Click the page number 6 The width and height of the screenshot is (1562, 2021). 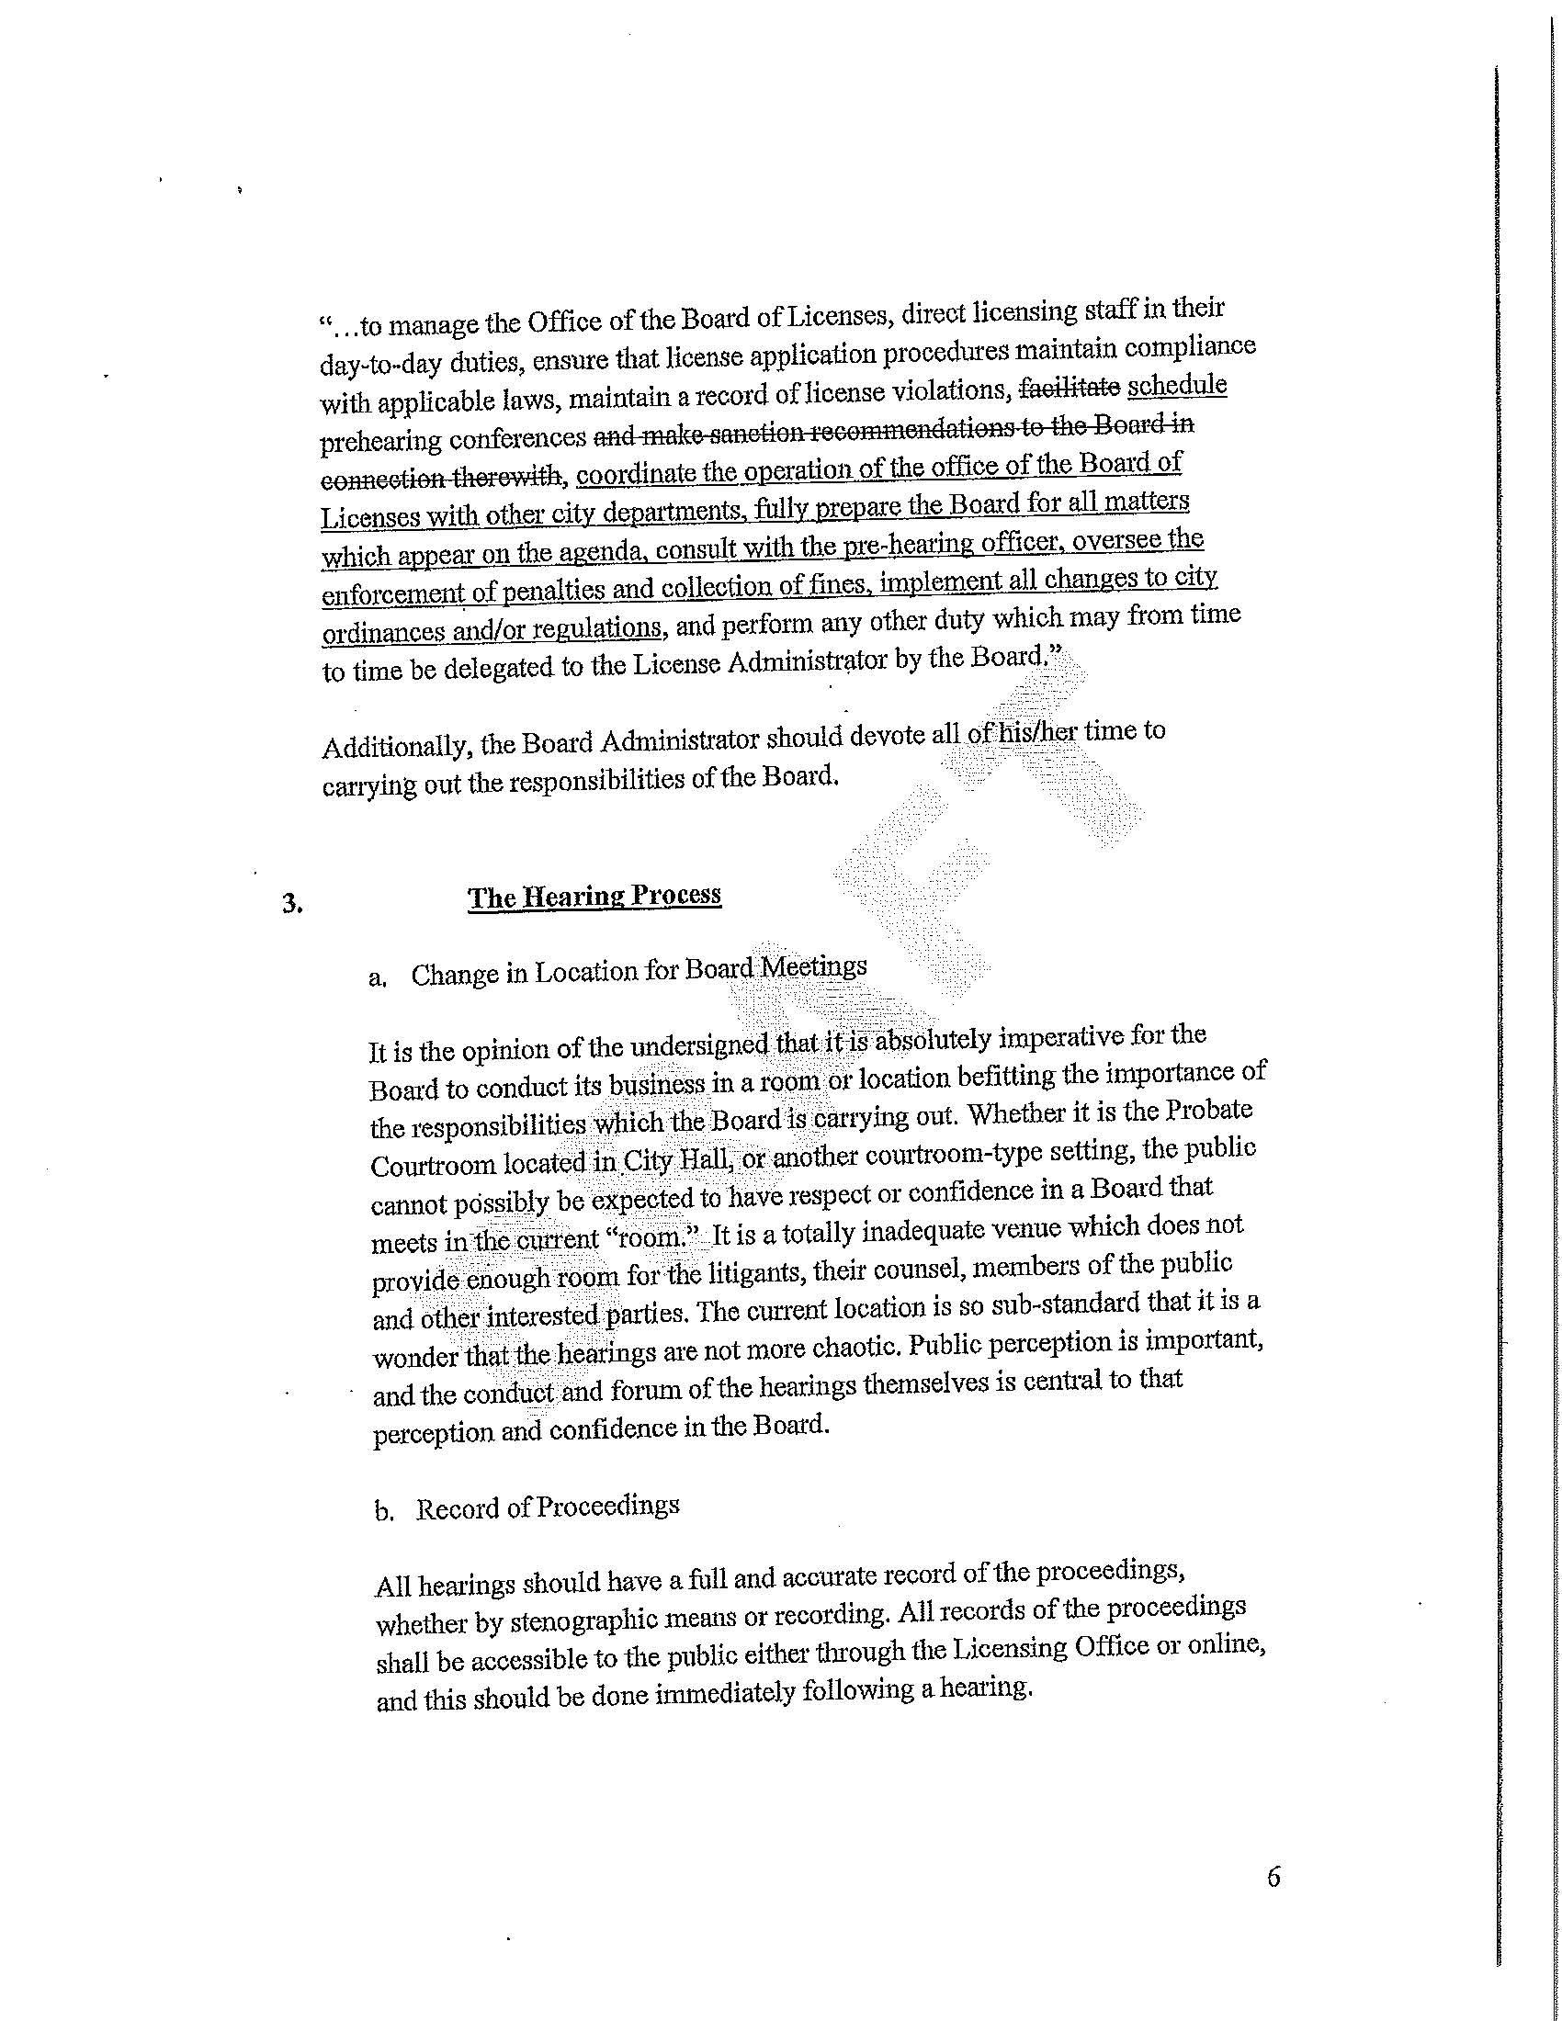[x=1273, y=1878]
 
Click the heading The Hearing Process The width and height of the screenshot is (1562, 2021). [x=594, y=896]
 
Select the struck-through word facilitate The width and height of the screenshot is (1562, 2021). [x=1069, y=389]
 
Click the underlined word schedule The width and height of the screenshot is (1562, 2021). [x=1177, y=385]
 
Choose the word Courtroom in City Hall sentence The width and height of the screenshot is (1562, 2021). [x=433, y=1165]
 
